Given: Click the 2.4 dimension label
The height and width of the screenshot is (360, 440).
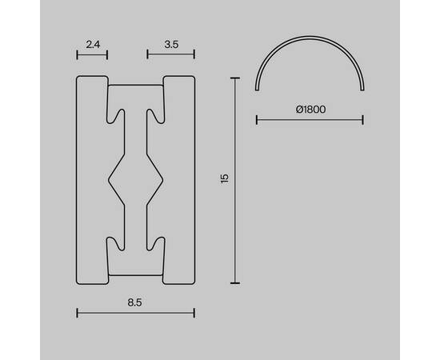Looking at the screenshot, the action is (x=93, y=44).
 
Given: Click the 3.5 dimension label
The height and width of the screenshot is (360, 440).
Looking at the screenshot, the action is (x=171, y=44).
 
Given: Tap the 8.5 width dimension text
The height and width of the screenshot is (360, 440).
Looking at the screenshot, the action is (x=134, y=302).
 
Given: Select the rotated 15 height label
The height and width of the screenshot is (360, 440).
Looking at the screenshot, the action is (x=225, y=178).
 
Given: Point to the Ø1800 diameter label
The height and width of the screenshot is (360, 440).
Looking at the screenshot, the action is (x=310, y=109).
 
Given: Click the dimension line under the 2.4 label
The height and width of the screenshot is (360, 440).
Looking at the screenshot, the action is (x=92, y=54).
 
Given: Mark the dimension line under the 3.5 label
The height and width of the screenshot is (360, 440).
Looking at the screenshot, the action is (x=171, y=54).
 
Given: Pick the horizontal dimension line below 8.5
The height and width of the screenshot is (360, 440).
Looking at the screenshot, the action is (x=135, y=313).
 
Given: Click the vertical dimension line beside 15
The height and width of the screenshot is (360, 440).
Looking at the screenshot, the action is (x=235, y=181).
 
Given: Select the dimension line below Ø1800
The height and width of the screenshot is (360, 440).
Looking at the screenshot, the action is (x=310, y=120).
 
